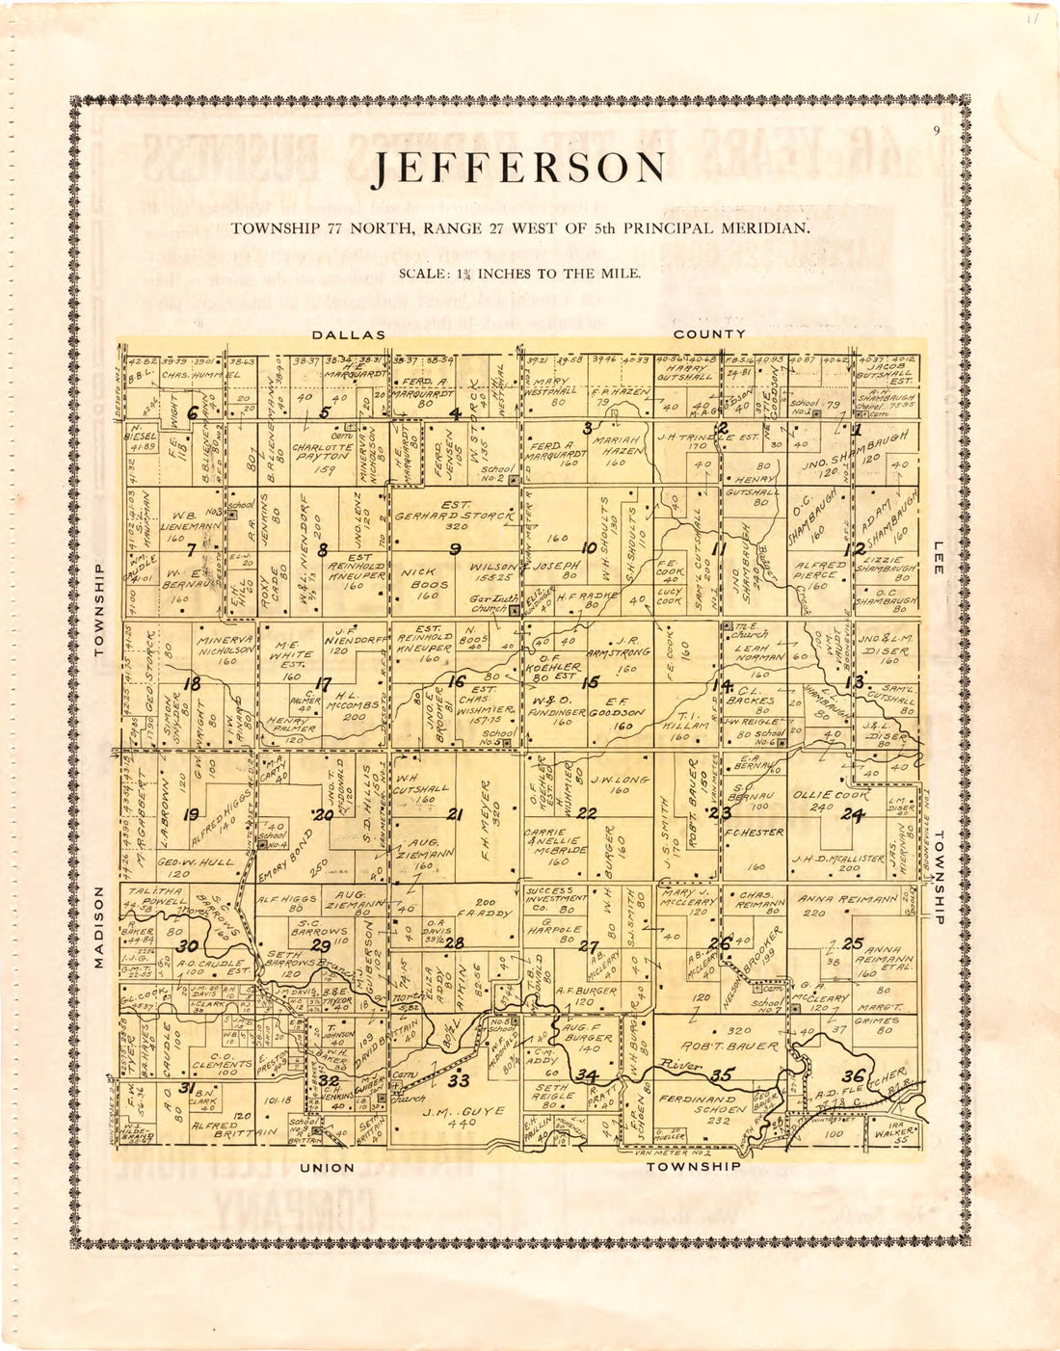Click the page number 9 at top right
pyautogui.click(x=936, y=132)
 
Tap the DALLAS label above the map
pyautogui.click(x=348, y=334)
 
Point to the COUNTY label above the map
pyautogui.click(x=709, y=334)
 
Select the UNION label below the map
pyautogui.click(x=327, y=1168)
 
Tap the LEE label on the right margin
pyautogui.click(x=938, y=558)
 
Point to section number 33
pyautogui.click(x=459, y=1081)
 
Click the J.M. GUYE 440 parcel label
pyautogui.click(x=463, y=1116)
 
